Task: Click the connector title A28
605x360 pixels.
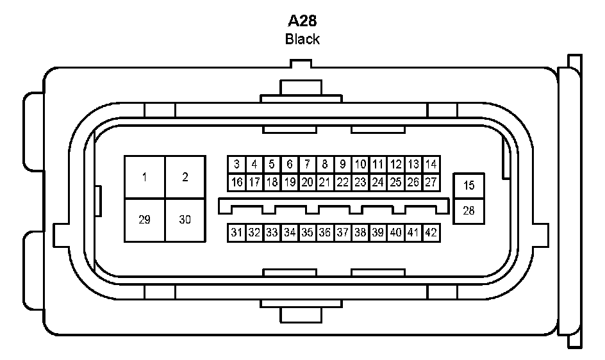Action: pos(302,20)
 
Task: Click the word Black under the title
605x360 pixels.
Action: pos(302,39)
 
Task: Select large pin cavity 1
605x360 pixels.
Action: pos(145,177)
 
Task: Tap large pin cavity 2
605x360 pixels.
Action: pos(185,177)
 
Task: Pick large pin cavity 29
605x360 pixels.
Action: pos(145,220)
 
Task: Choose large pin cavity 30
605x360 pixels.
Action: pos(185,220)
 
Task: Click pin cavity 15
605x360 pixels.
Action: pos(469,186)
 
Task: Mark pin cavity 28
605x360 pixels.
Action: pos(469,210)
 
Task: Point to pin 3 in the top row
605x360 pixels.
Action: pos(236,165)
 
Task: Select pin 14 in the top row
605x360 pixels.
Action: pos(431,165)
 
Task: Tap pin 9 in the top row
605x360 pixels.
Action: pos(343,165)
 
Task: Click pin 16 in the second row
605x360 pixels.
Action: pos(236,183)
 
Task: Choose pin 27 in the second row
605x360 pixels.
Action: pos(431,183)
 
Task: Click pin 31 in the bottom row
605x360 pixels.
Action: pos(236,233)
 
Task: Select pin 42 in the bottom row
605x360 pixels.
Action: pos(431,233)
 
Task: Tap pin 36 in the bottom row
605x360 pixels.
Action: pos(325,233)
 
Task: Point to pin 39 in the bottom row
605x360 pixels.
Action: pos(378,233)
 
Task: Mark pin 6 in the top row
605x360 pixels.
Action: pos(290,165)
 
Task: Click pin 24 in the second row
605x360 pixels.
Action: pos(378,183)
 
